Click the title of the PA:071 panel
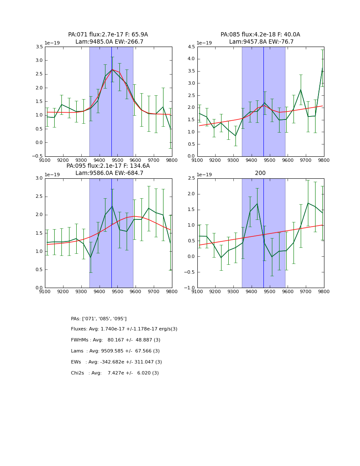coord(108,38)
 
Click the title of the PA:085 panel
coord(260,38)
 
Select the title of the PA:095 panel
coord(108,169)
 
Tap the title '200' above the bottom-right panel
coord(260,173)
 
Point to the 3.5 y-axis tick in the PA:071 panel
coord(38,47)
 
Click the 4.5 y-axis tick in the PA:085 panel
coord(191,47)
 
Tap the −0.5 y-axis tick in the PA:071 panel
coord(36,156)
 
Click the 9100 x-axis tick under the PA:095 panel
coord(45,293)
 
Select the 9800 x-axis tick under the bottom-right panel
coord(324,293)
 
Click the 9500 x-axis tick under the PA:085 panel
coord(270,161)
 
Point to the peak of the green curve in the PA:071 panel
coord(112,69)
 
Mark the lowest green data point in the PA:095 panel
coord(90,257)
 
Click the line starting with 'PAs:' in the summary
coord(99,319)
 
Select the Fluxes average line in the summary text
coord(124,329)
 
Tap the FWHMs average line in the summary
coord(116,340)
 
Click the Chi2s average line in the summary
coord(115,373)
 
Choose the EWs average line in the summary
coord(116,362)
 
